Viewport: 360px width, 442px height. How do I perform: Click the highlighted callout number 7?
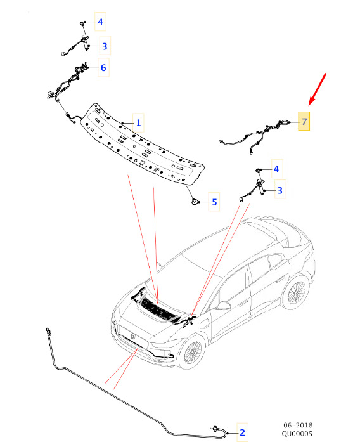(304, 122)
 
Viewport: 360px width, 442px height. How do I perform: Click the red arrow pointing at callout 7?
(317, 89)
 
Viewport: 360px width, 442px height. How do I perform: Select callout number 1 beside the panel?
(138, 122)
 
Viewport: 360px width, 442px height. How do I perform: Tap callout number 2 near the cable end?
(242, 432)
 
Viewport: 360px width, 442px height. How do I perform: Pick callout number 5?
(214, 202)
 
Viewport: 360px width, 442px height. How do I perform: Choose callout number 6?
(103, 68)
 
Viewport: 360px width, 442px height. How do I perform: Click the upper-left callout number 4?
(100, 22)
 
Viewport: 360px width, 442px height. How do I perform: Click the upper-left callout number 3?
(105, 46)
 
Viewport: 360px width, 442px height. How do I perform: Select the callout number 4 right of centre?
(276, 169)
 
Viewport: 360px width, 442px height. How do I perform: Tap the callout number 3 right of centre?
(280, 190)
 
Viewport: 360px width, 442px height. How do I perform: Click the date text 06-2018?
(298, 425)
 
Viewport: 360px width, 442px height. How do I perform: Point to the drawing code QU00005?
(297, 434)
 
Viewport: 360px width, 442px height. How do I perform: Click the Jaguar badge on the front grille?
(132, 336)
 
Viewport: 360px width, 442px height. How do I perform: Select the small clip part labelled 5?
(195, 202)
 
